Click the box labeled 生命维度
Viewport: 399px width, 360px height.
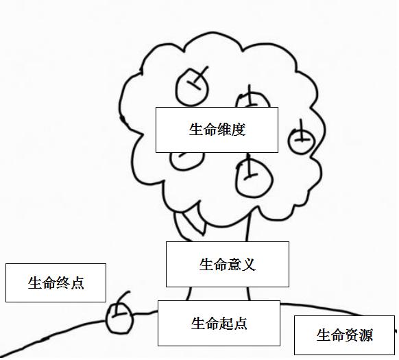pyautogui.click(x=217, y=130)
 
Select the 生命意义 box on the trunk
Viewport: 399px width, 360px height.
pyautogui.click(x=228, y=264)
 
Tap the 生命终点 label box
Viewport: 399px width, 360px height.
pyautogui.click(x=56, y=283)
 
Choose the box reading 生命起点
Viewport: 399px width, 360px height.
pyautogui.click(x=219, y=324)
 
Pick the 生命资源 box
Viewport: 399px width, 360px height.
pyautogui.click(x=345, y=335)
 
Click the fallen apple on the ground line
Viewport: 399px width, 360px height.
pyautogui.click(x=119, y=319)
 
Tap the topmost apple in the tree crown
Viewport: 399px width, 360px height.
pyautogui.click(x=192, y=87)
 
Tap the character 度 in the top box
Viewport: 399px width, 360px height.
pyautogui.click(x=239, y=130)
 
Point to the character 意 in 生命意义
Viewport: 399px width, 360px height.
pyautogui.click(x=234, y=264)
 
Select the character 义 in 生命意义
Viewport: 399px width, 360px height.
pyautogui.click(x=249, y=264)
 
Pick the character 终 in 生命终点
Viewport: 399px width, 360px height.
pyautogui.click(x=63, y=283)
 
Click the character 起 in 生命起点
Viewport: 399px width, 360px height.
pyautogui.click(x=226, y=324)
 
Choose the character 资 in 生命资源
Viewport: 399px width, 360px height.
pyautogui.click(x=352, y=335)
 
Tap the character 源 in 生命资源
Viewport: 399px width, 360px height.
pyautogui.click(x=366, y=335)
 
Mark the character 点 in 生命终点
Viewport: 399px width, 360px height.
pyautogui.click(x=77, y=283)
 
